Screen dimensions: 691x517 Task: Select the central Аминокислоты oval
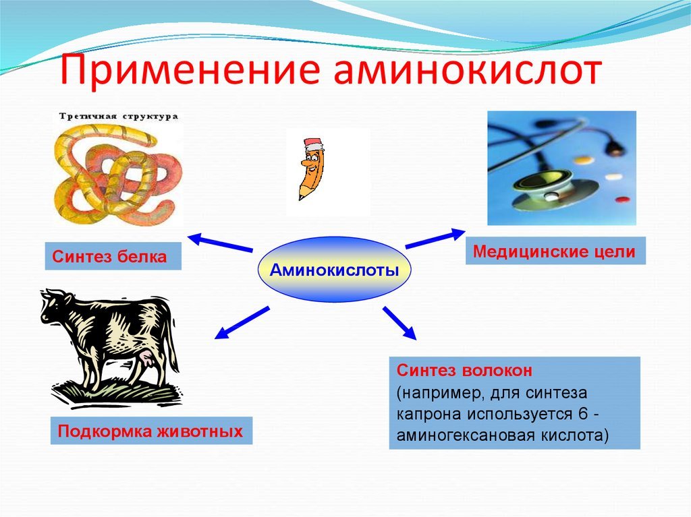(x=334, y=270)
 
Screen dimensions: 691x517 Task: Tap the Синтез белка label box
(x=113, y=256)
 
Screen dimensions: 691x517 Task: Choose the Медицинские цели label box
(x=555, y=251)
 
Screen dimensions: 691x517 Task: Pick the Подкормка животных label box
(x=151, y=430)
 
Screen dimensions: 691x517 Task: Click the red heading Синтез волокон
(x=464, y=370)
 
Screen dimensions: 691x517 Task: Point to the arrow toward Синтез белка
(x=221, y=243)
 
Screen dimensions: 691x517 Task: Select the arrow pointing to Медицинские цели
(x=435, y=238)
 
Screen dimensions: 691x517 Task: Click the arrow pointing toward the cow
(x=242, y=323)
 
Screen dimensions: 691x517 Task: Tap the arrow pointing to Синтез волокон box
(x=399, y=323)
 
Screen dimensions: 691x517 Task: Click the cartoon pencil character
(x=312, y=169)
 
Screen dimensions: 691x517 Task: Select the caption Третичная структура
(x=119, y=117)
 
